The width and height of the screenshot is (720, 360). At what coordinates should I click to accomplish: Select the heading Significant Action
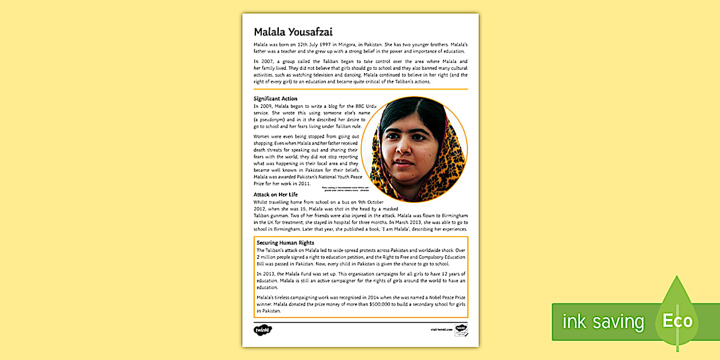[x=275, y=99]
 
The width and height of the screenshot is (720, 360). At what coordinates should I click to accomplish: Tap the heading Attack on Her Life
[x=275, y=195]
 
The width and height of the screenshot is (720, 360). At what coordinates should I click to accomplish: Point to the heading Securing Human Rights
[x=285, y=243]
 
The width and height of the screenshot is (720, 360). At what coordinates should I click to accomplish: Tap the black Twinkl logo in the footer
[x=263, y=330]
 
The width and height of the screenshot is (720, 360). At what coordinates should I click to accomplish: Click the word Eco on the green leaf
[x=677, y=321]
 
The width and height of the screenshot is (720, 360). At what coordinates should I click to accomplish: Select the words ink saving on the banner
[x=603, y=322]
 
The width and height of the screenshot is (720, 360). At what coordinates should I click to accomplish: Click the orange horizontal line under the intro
[x=361, y=89]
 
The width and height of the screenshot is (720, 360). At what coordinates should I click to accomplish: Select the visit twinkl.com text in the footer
[x=441, y=330]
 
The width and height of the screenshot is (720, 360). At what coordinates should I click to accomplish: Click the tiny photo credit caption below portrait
[x=346, y=188]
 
